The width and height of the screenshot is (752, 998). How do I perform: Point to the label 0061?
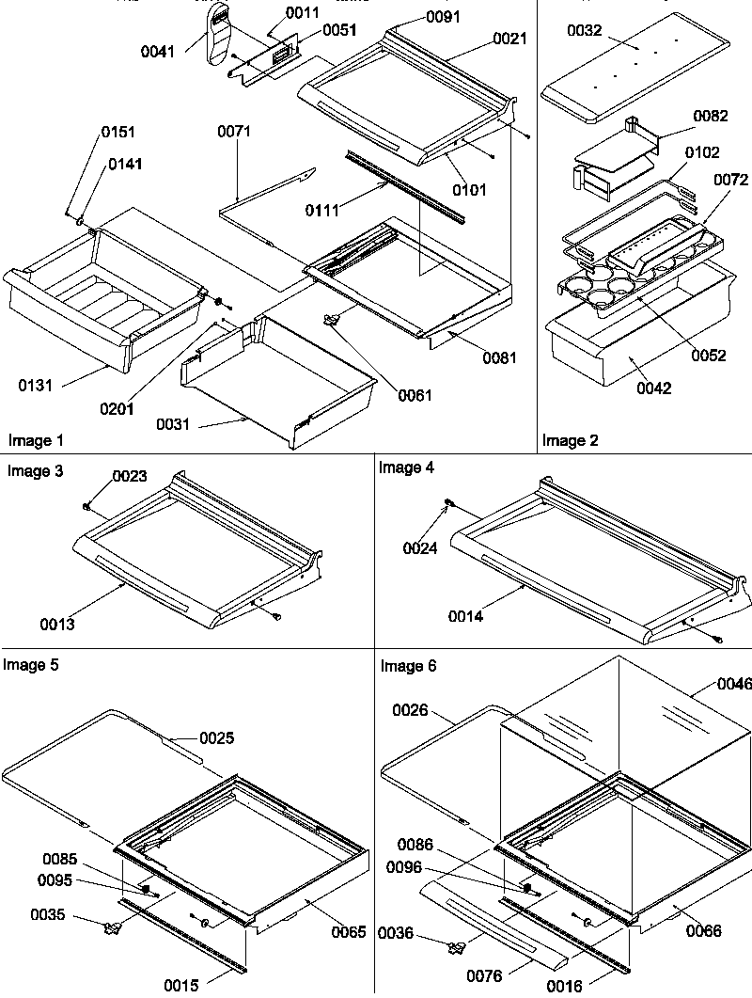pos(415,395)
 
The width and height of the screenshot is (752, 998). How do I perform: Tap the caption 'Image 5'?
pos(30,665)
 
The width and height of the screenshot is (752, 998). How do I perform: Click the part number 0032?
pos(586,31)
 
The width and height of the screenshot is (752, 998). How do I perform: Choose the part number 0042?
pos(652,388)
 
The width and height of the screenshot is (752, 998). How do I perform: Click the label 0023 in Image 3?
pos(130,476)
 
